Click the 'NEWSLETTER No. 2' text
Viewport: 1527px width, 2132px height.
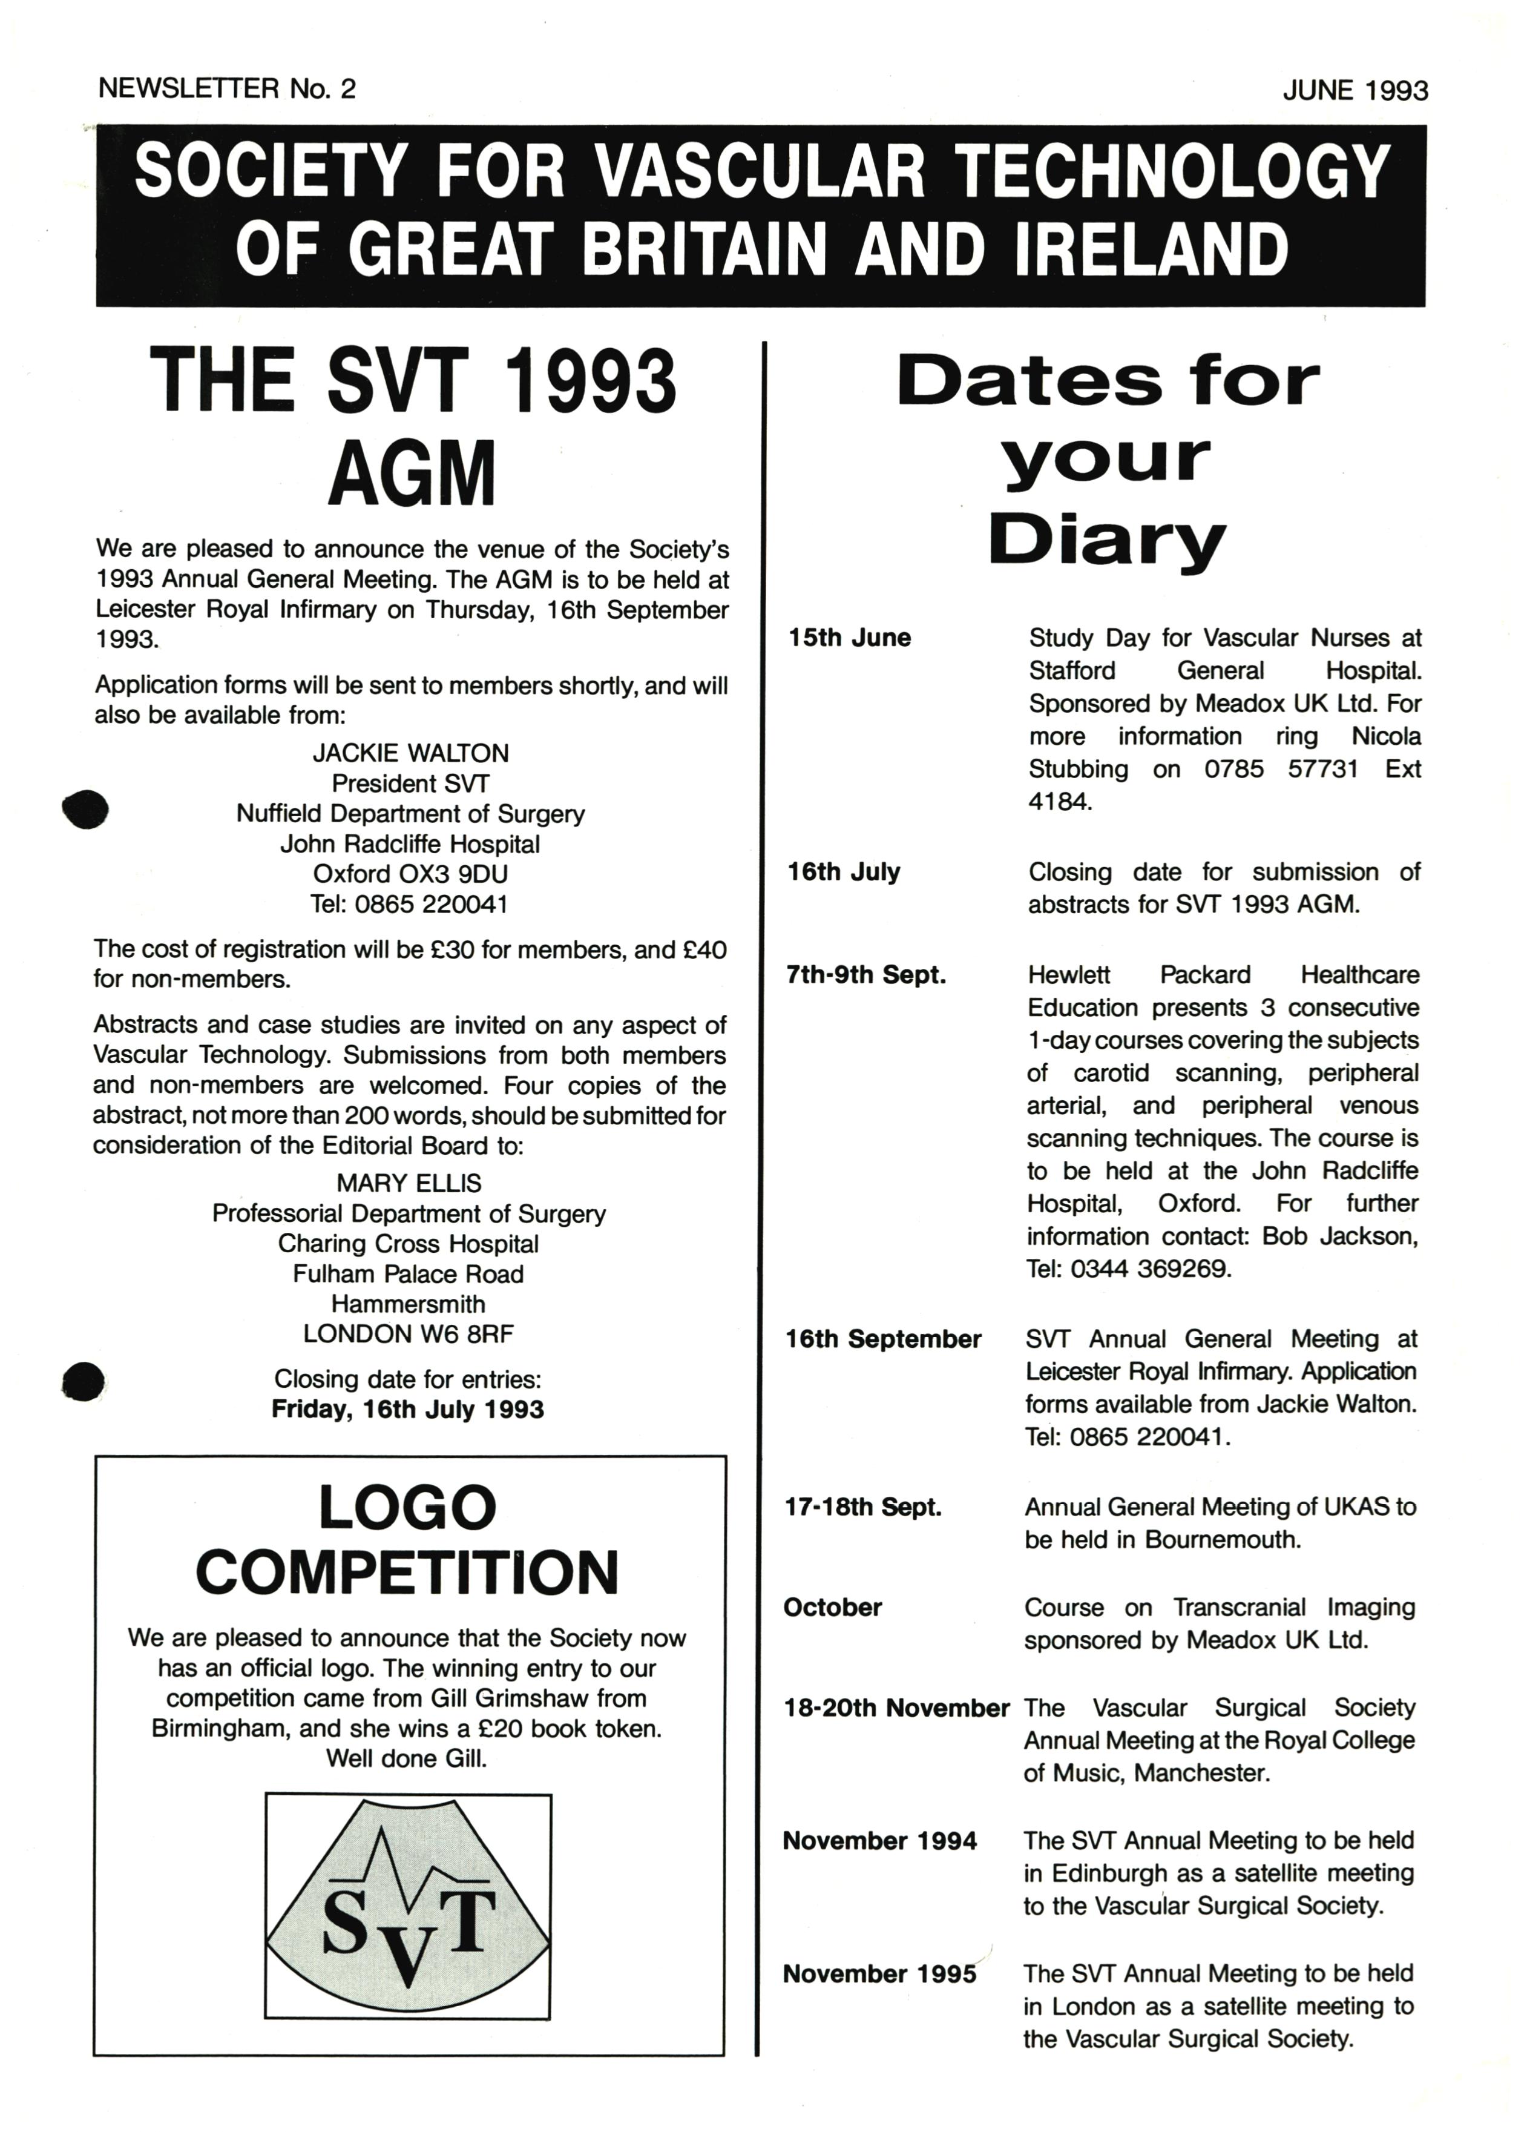(x=226, y=88)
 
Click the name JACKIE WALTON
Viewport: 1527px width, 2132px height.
(x=410, y=753)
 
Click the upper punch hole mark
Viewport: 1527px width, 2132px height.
(x=85, y=808)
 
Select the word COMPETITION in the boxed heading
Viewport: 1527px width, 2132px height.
(x=407, y=1572)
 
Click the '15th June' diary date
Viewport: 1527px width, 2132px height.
(x=850, y=638)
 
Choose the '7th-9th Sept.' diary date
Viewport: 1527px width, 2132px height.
(x=865, y=975)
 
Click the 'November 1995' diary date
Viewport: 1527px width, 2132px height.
(x=879, y=1974)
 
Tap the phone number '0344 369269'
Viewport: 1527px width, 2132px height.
(x=1150, y=1269)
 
